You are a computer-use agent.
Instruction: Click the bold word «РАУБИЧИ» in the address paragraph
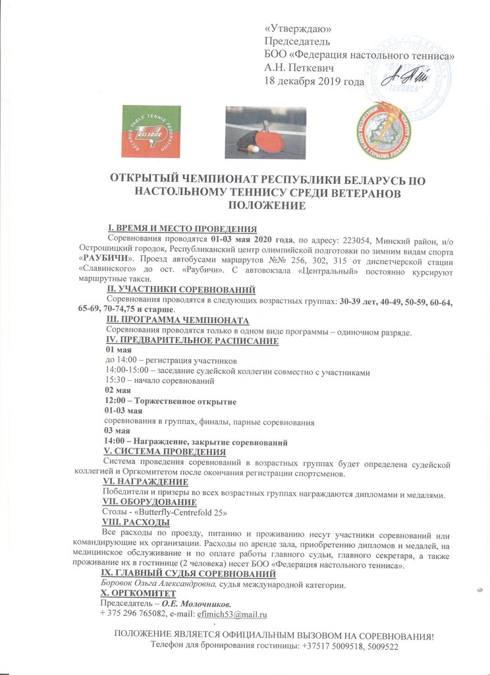click(105, 258)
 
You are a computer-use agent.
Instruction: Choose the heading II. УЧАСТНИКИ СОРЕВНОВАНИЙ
click(181, 289)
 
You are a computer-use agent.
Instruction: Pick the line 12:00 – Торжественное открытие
click(171, 401)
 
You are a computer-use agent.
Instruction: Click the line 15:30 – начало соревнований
click(160, 382)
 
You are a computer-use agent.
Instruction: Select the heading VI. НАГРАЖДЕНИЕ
click(142, 482)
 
